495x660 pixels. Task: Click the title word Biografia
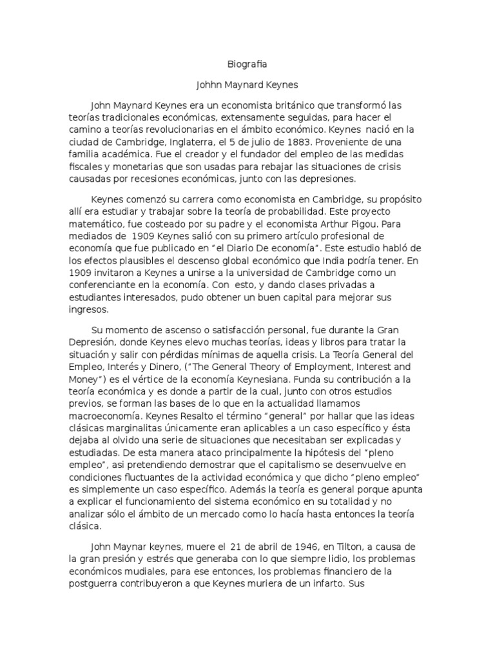247,64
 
